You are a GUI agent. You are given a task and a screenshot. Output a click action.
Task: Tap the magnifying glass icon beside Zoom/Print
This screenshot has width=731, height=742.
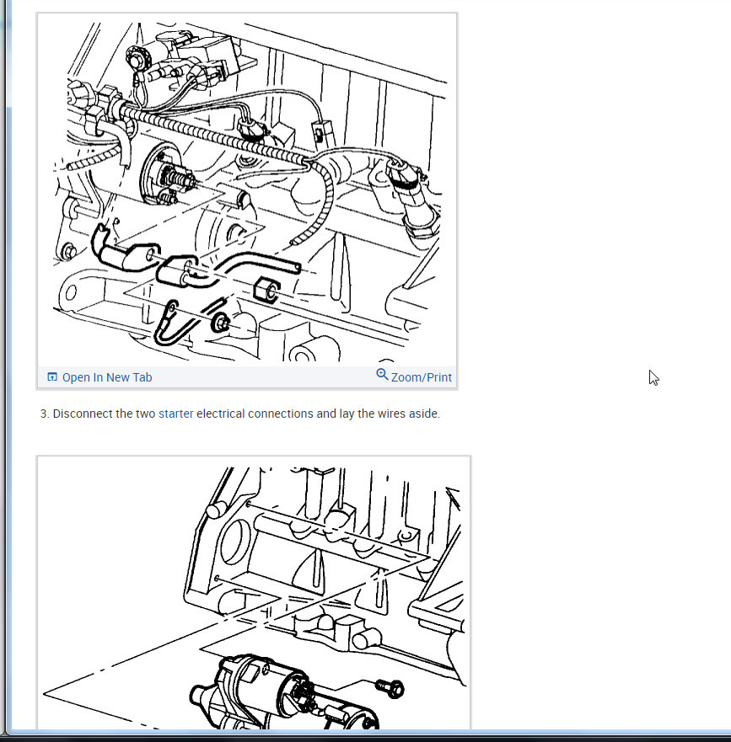pyautogui.click(x=382, y=375)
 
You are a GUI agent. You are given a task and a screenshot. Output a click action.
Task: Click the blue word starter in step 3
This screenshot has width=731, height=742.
pyautogui.click(x=175, y=414)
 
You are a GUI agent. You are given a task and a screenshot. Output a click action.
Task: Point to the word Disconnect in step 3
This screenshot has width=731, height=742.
pyautogui.click(x=83, y=414)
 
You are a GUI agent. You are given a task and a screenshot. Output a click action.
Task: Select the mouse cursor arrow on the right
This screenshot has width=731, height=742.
pyautogui.click(x=653, y=377)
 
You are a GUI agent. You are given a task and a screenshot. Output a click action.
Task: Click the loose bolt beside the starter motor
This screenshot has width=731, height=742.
pyautogui.click(x=390, y=688)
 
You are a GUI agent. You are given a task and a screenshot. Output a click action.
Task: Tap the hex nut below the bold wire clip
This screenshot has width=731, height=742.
pyautogui.click(x=220, y=323)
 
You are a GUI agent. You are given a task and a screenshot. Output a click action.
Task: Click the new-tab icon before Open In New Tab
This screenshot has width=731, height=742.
pyautogui.click(x=52, y=376)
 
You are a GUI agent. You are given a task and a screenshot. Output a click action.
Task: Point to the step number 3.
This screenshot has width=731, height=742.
pyautogui.click(x=44, y=414)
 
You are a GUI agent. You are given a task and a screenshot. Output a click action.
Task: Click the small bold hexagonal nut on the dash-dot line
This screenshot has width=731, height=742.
pyautogui.click(x=266, y=290)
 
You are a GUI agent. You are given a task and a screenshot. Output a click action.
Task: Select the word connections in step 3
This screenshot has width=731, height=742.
pyautogui.click(x=281, y=414)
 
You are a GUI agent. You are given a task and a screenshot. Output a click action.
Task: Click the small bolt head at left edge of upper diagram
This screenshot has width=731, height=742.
pyautogui.click(x=69, y=251)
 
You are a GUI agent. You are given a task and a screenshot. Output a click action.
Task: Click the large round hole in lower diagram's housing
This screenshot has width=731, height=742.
pyautogui.click(x=235, y=542)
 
